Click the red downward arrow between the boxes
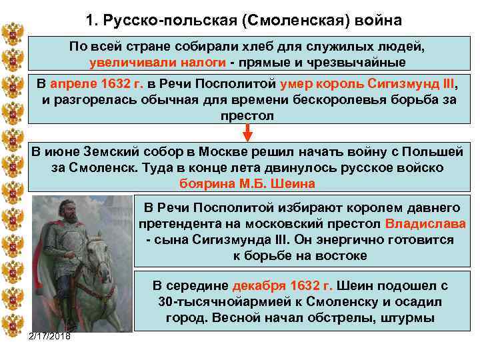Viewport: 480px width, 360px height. pyautogui.click(x=247, y=133)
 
